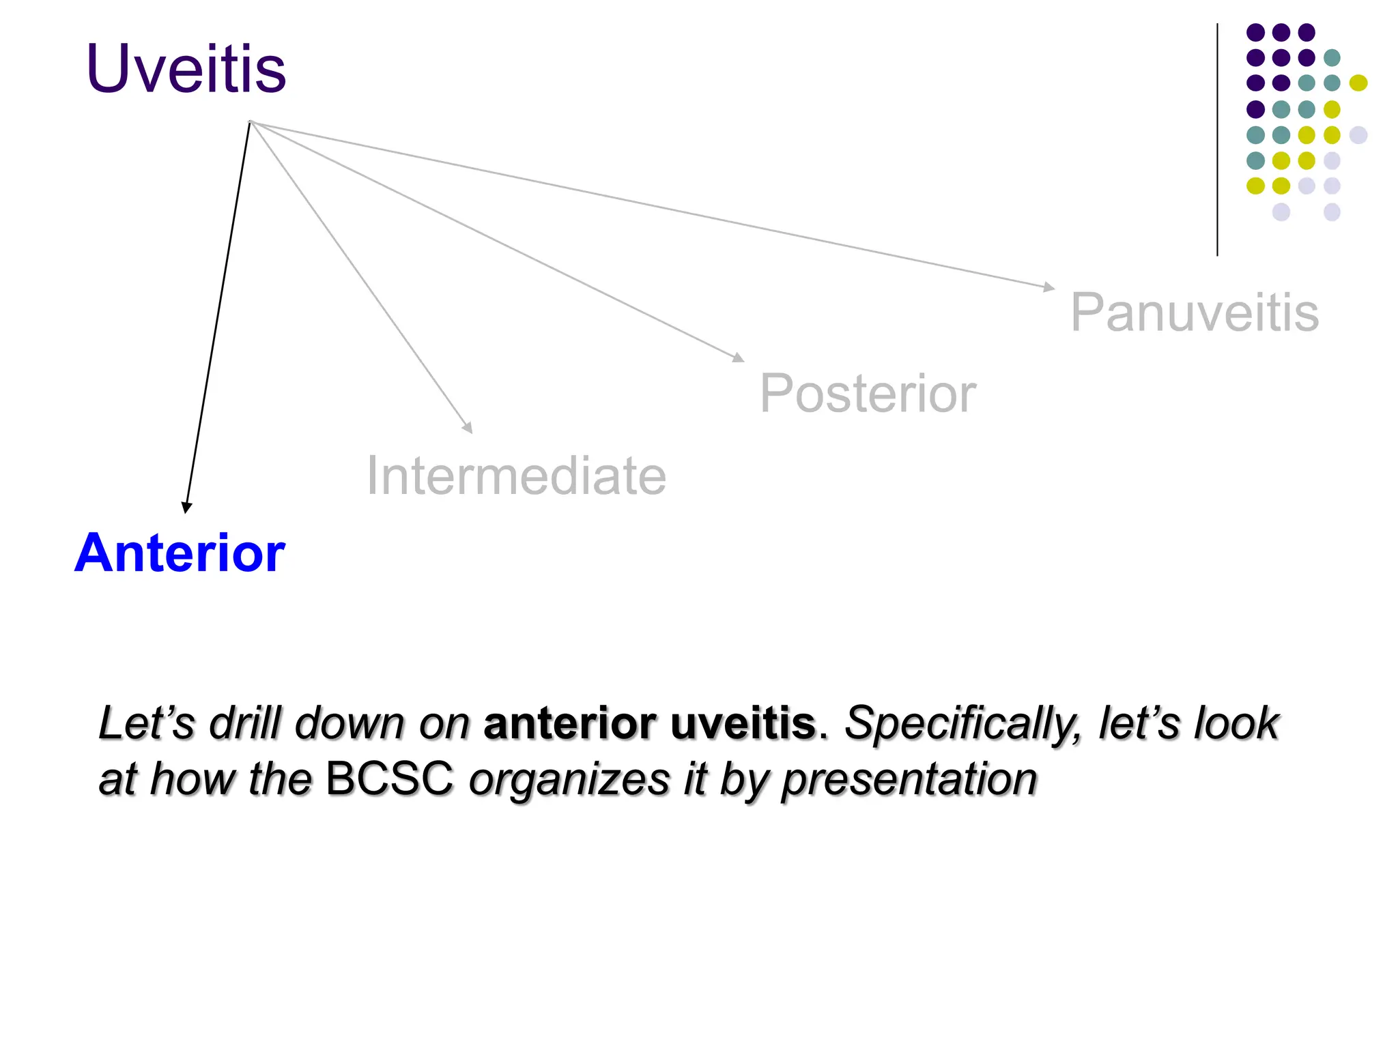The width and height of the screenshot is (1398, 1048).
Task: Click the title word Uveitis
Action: pyautogui.click(x=186, y=69)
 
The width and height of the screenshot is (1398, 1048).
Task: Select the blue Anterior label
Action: pyautogui.click(x=180, y=553)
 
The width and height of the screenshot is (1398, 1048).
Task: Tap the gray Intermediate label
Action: pyautogui.click(x=516, y=476)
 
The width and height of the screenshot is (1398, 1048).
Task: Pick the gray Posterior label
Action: pyautogui.click(x=868, y=394)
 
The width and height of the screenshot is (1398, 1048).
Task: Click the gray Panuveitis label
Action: pyautogui.click(x=1195, y=312)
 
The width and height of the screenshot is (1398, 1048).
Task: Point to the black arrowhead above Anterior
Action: pyautogui.click(x=186, y=507)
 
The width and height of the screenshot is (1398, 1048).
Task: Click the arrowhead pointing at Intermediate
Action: pyautogui.click(x=468, y=428)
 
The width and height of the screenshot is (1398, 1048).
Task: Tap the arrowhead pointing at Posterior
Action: pyautogui.click(x=739, y=357)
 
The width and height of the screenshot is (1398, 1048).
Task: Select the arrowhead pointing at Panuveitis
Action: pyautogui.click(x=1049, y=287)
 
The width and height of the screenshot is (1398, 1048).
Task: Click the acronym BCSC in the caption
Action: pyautogui.click(x=390, y=778)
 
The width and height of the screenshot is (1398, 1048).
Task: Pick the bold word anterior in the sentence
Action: pyautogui.click(x=569, y=723)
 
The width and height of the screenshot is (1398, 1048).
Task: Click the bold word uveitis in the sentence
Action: pyautogui.click(x=743, y=723)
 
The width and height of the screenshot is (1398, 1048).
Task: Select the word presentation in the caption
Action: pyautogui.click(x=909, y=780)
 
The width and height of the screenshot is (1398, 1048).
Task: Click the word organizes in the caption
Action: pyautogui.click(x=569, y=780)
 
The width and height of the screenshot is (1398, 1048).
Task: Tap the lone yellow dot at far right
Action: pyautogui.click(x=1358, y=83)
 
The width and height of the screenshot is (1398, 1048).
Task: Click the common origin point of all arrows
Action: pyautogui.click(x=251, y=122)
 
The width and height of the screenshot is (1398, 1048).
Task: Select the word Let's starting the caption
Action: pyautogui.click(x=147, y=723)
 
